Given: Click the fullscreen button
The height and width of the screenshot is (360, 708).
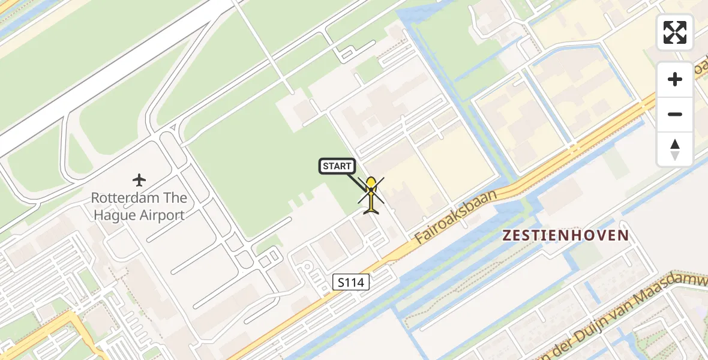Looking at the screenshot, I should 675,32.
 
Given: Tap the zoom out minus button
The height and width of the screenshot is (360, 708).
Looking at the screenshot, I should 675,115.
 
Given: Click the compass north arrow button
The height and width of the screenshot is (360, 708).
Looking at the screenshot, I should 675,149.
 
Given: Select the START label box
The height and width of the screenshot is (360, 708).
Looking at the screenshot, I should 337,166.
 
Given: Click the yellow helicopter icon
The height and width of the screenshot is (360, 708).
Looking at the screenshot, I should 372,195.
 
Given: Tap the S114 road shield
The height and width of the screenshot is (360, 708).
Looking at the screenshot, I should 351,282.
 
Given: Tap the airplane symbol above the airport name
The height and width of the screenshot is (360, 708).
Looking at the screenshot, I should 139,179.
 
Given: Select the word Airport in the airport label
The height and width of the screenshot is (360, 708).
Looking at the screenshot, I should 162,215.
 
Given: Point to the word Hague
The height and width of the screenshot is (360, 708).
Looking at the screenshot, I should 113,215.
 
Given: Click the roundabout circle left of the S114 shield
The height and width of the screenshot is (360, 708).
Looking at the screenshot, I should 307,268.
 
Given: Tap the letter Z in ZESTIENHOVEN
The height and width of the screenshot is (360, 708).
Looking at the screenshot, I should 508,236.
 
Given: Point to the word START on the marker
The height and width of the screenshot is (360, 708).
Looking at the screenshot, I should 337,166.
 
